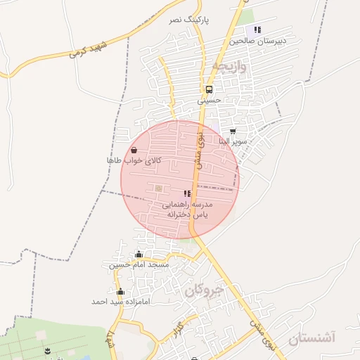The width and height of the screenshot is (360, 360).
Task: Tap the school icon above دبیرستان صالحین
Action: click(257, 30)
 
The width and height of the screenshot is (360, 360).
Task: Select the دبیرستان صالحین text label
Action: click(259, 41)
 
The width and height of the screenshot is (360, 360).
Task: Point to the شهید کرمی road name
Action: click(87, 50)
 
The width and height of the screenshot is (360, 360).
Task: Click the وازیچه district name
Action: click(230, 68)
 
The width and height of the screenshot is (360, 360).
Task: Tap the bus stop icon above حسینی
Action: click(209, 89)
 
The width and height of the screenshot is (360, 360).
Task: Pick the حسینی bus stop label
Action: click(209, 101)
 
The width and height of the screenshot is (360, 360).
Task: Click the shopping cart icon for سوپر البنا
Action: click(233, 131)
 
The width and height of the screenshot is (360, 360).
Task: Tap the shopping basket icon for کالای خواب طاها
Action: click(134, 150)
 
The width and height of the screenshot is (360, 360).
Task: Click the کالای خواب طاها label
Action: click(134, 161)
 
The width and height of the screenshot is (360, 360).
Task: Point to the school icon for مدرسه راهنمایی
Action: click(187, 193)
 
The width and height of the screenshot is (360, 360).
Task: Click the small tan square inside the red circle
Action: click(158, 188)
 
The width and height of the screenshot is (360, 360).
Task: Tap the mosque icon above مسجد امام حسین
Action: click(139, 255)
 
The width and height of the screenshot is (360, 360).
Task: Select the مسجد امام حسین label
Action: click(139, 265)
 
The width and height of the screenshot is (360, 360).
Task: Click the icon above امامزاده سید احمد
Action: click(121, 291)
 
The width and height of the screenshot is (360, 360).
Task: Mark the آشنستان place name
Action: click(312, 338)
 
